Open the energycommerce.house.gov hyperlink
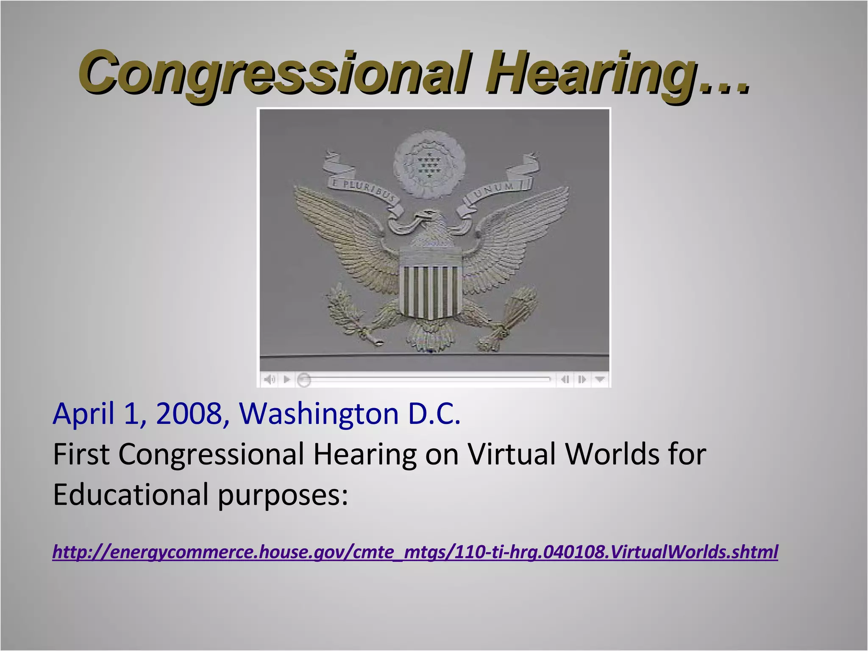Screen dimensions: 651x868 (x=415, y=552)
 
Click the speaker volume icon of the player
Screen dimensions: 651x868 (x=270, y=379)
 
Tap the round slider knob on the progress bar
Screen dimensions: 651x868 (x=303, y=380)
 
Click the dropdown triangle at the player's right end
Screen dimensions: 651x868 (x=600, y=379)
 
